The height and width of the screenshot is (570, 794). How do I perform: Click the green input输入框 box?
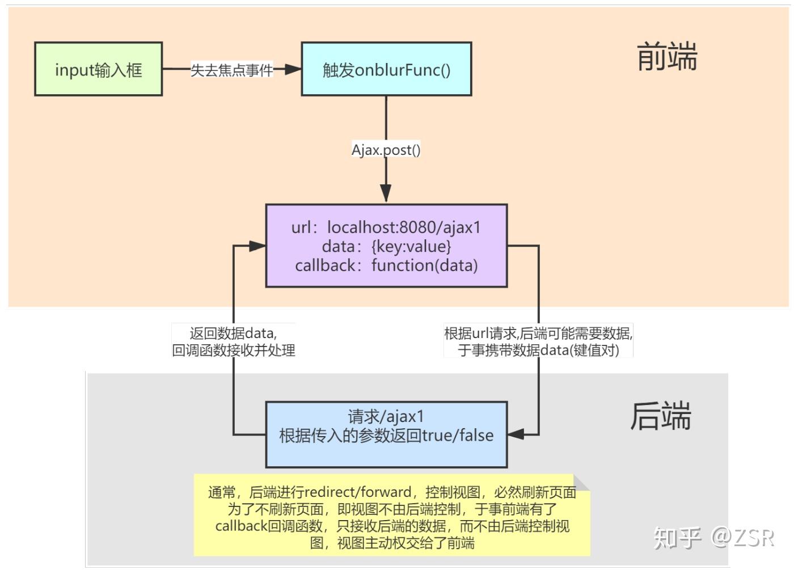98,69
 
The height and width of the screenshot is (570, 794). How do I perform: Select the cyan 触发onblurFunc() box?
386,69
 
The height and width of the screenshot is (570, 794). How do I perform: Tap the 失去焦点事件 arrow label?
231,70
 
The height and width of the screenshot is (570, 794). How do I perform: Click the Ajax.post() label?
386,150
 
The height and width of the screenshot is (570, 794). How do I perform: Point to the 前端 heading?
667,57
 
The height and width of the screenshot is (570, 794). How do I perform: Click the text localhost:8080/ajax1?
404,227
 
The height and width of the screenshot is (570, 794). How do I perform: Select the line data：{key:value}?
386,246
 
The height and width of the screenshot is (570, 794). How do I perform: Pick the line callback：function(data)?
386,265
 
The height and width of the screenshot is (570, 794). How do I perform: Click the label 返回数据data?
233,333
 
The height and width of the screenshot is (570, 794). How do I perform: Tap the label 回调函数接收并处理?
233,350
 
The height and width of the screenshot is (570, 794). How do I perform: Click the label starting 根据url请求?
538,333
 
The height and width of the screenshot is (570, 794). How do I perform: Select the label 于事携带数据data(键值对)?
538,350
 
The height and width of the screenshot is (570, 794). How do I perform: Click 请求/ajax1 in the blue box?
386,416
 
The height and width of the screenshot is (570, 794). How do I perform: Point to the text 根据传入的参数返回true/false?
386,436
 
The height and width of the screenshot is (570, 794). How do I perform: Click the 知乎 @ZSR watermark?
713,537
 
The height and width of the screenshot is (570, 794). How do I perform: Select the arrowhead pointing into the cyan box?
293,69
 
